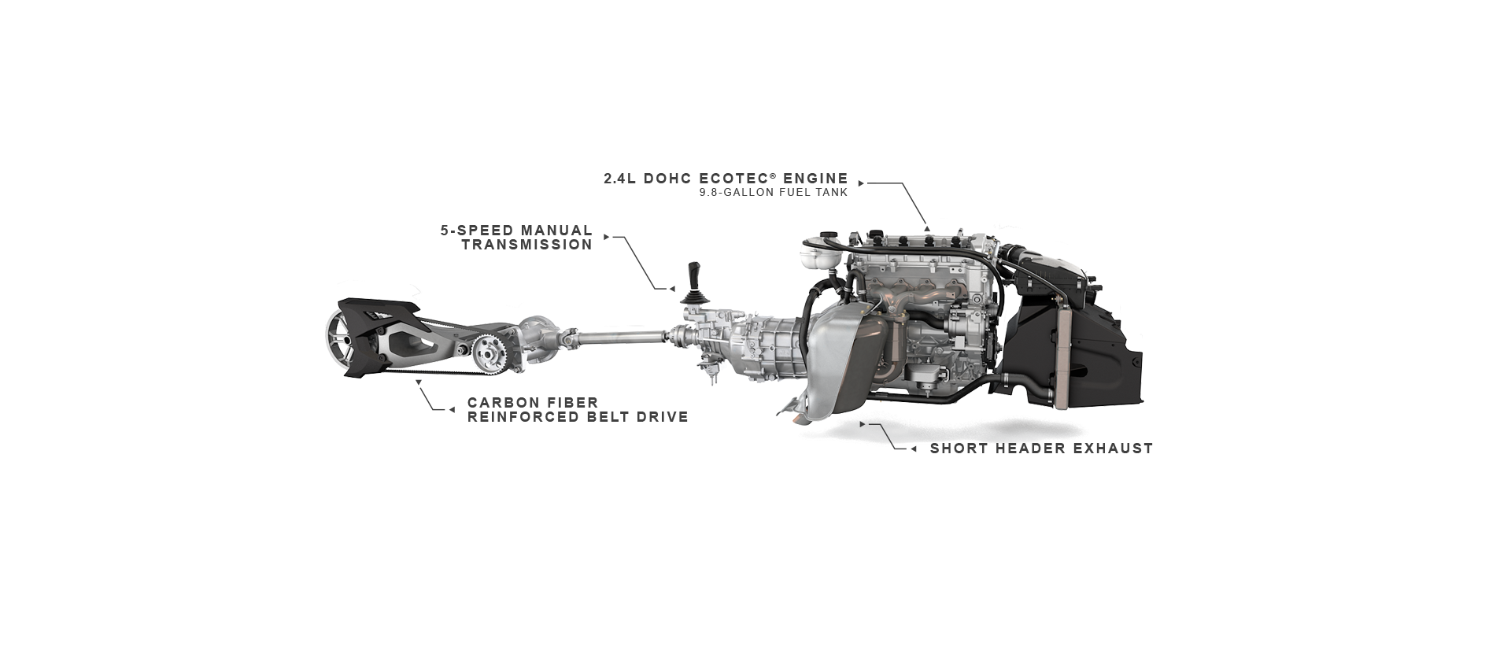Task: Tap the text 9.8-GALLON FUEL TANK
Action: click(773, 194)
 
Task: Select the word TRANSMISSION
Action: click(526, 245)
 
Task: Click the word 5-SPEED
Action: click(475, 231)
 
